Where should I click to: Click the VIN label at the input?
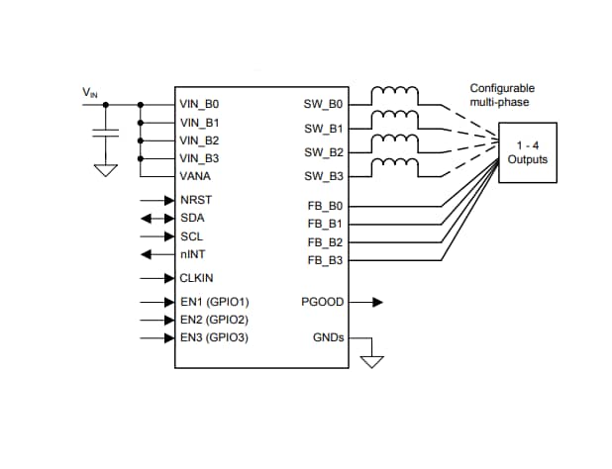tap(89, 93)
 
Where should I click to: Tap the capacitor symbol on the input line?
tap(104, 134)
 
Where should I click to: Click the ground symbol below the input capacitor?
tap(104, 169)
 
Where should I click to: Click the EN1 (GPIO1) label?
tap(214, 302)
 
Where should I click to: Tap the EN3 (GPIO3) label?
tap(214, 337)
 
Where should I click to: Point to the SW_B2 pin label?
tap(324, 152)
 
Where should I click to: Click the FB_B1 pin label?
tap(325, 224)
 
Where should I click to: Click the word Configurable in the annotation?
tap(502, 88)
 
